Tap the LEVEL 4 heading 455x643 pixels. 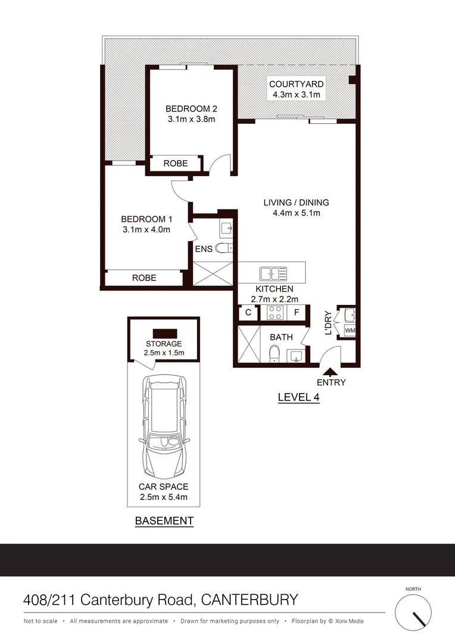pos(299,398)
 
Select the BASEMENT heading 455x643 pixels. pos(164,520)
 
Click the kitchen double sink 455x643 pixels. pos(273,274)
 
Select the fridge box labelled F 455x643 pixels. pos(296,312)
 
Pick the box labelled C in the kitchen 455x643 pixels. pos(248,312)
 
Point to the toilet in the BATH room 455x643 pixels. pos(273,355)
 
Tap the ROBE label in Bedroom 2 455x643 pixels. pos(176,163)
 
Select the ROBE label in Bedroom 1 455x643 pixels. pos(144,277)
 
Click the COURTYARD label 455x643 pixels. pos(296,84)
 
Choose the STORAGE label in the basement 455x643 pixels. pos(164,344)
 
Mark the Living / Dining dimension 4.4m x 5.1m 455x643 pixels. pos(296,213)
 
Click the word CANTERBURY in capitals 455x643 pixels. pos(250,599)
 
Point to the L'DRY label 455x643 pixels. pos(328,323)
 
